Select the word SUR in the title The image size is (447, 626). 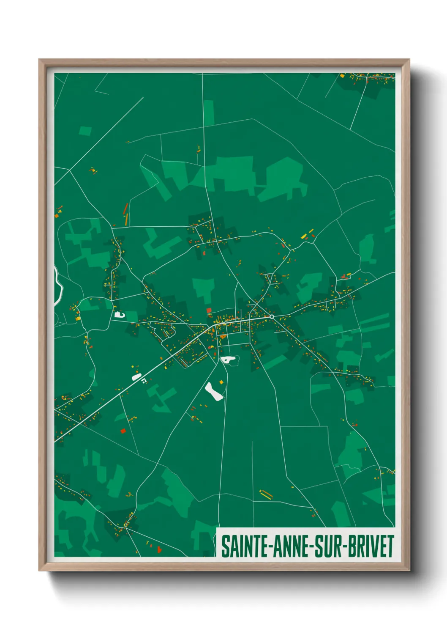[330, 546]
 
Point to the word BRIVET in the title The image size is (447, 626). [371, 546]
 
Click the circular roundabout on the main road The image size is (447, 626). [272, 316]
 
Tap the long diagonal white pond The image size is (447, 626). [214, 392]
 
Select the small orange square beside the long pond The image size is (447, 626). [221, 382]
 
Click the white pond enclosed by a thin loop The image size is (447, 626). [229, 360]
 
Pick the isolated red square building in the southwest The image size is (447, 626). [123, 431]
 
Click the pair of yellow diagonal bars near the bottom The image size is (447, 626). [266, 494]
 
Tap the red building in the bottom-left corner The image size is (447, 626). [159, 549]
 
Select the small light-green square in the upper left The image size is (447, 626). [85, 131]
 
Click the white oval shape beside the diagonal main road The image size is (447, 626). [136, 376]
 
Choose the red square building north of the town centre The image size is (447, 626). [209, 310]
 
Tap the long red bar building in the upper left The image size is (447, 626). [125, 208]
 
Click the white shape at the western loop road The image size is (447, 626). [119, 314]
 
